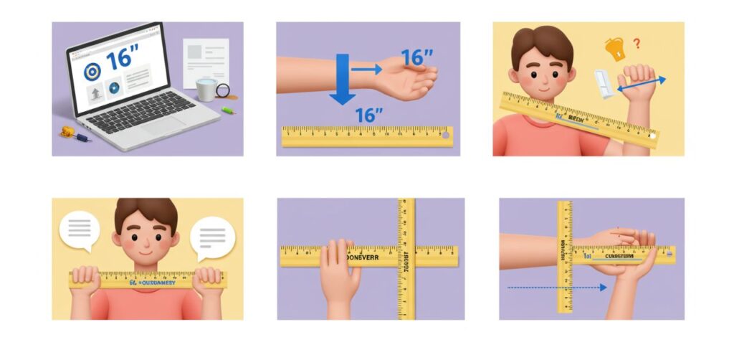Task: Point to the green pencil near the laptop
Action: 229,110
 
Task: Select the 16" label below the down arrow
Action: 369,113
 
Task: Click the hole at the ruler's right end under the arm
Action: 446,133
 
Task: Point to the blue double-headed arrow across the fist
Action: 642,85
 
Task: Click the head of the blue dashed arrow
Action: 604,288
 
